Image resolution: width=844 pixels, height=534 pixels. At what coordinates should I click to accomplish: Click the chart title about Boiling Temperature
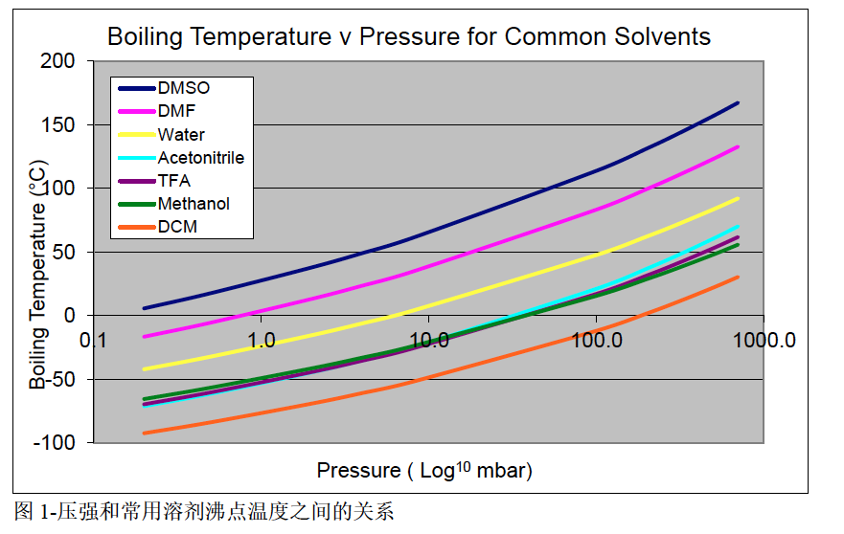[409, 37]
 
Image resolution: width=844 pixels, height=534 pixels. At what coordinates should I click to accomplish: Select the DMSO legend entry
[184, 88]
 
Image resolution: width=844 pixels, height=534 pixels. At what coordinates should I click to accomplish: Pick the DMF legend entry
[176, 111]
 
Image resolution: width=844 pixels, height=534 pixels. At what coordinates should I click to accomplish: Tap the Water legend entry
[181, 135]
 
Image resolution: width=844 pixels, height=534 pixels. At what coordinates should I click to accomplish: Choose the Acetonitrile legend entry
[200, 158]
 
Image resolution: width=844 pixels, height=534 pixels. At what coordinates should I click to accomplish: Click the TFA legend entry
[174, 181]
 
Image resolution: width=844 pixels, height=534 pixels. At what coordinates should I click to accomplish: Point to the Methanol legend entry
[194, 204]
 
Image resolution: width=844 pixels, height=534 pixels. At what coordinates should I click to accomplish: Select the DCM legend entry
[177, 227]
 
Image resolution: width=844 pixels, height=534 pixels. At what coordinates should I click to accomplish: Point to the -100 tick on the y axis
[54, 443]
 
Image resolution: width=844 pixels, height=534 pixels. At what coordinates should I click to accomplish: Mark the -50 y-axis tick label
[57, 380]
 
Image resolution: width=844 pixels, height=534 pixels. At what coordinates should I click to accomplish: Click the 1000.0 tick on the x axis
[765, 341]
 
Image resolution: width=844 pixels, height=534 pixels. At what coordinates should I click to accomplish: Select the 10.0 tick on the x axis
[429, 341]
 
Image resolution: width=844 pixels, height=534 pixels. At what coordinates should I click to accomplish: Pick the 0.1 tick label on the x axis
[93, 341]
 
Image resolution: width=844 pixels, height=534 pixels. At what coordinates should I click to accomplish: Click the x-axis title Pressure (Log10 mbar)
[424, 470]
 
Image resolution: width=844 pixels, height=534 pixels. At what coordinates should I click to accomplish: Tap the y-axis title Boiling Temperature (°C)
[37, 275]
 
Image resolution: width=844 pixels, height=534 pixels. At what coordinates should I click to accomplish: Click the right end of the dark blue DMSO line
[738, 102]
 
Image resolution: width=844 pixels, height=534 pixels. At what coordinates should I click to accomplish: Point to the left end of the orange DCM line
[144, 434]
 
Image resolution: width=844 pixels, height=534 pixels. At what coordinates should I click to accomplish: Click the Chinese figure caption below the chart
[203, 511]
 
